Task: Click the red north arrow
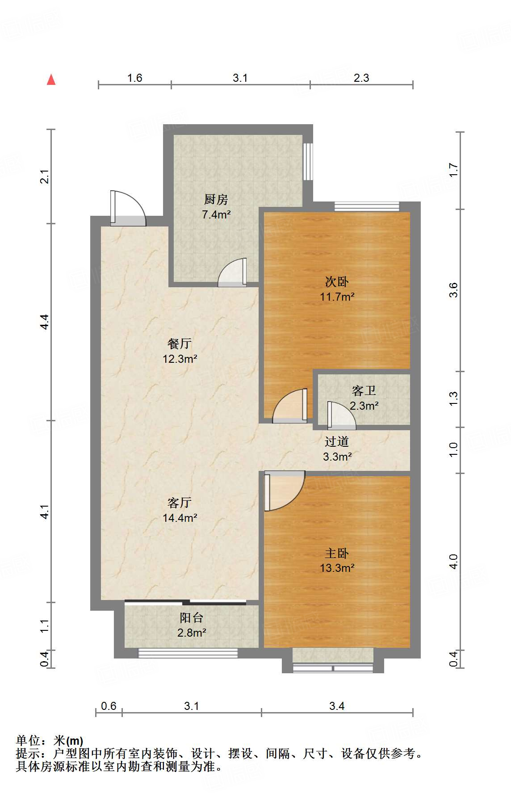coord(51,80)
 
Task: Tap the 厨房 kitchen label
coord(216,199)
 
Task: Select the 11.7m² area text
coord(337,297)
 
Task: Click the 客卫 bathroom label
coord(364,391)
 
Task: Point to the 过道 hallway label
coord(337,442)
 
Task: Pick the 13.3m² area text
coord(337,568)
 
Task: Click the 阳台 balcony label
coord(192,618)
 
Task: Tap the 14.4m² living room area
coord(180,518)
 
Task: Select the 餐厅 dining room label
coord(180,344)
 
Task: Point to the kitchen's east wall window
coord(308,161)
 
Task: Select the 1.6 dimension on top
coord(134,78)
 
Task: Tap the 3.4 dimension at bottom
coord(337,706)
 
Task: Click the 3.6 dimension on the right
coord(453,290)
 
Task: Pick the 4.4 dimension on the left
coord(44,322)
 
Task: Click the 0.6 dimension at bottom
coord(109,706)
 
